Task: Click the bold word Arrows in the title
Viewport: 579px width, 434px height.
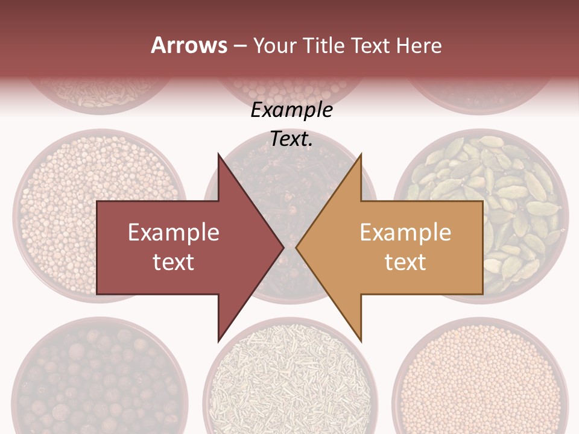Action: coord(189,45)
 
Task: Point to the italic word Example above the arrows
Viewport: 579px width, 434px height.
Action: coord(291,110)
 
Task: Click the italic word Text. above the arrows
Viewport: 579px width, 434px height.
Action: coord(291,139)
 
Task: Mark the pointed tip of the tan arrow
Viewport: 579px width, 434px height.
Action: coord(297,247)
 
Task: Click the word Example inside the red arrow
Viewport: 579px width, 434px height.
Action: coord(174,233)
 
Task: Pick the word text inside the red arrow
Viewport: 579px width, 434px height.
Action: coord(174,262)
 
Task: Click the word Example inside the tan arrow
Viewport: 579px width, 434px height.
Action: coord(405,233)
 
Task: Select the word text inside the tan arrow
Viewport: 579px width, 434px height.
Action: coord(405,262)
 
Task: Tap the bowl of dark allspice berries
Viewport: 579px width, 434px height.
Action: coord(96,380)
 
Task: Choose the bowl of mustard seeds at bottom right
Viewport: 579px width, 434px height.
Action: coord(482,380)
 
